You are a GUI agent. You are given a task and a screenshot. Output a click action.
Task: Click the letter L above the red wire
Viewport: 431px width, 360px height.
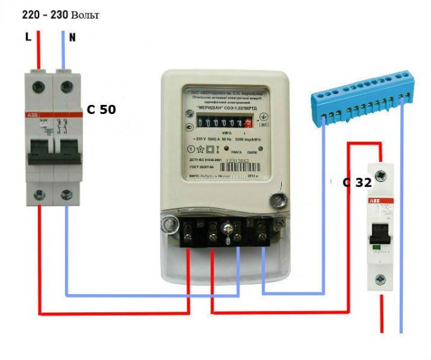[x=28, y=37]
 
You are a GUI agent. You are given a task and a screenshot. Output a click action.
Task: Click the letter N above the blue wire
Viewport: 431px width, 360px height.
[x=73, y=37]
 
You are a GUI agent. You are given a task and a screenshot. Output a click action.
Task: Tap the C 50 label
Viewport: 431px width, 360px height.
[x=102, y=109]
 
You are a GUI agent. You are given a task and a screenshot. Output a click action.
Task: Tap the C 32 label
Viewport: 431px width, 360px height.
[x=357, y=182]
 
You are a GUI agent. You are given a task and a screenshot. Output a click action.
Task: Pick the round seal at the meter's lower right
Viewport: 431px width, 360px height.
[x=279, y=201]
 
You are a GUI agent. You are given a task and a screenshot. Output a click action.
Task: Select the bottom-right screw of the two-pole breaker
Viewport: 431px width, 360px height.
[x=67, y=194]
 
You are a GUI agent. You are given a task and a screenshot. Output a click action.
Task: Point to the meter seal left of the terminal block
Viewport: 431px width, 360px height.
[x=170, y=224]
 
